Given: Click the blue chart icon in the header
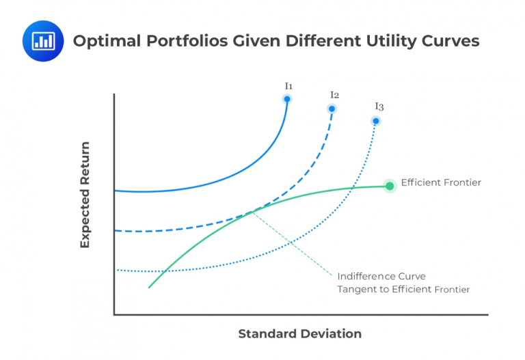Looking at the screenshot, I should pyautogui.click(x=42, y=40).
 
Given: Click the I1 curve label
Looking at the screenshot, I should pyautogui.click(x=288, y=86).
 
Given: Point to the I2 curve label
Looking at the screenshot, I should pyautogui.click(x=334, y=95).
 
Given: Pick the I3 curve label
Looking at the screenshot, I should pyautogui.click(x=379, y=107).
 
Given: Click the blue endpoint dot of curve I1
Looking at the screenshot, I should pyautogui.click(x=287, y=99).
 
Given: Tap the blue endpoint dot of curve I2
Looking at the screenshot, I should pyautogui.click(x=332, y=109).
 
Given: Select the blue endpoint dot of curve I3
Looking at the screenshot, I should pyautogui.click(x=375, y=121).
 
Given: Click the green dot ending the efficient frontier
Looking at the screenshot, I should pyautogui.click(x=390, y=186).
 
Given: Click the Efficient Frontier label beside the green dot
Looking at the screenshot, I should pyautogui.click(x=441, y=182).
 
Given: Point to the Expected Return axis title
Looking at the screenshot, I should pyautogui.click(x=85, y=195).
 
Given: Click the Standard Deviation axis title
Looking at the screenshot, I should pyautogui.click(x=299, y=334).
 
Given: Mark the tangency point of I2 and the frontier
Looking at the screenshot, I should pyautogui.click(x=250, y=212).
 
